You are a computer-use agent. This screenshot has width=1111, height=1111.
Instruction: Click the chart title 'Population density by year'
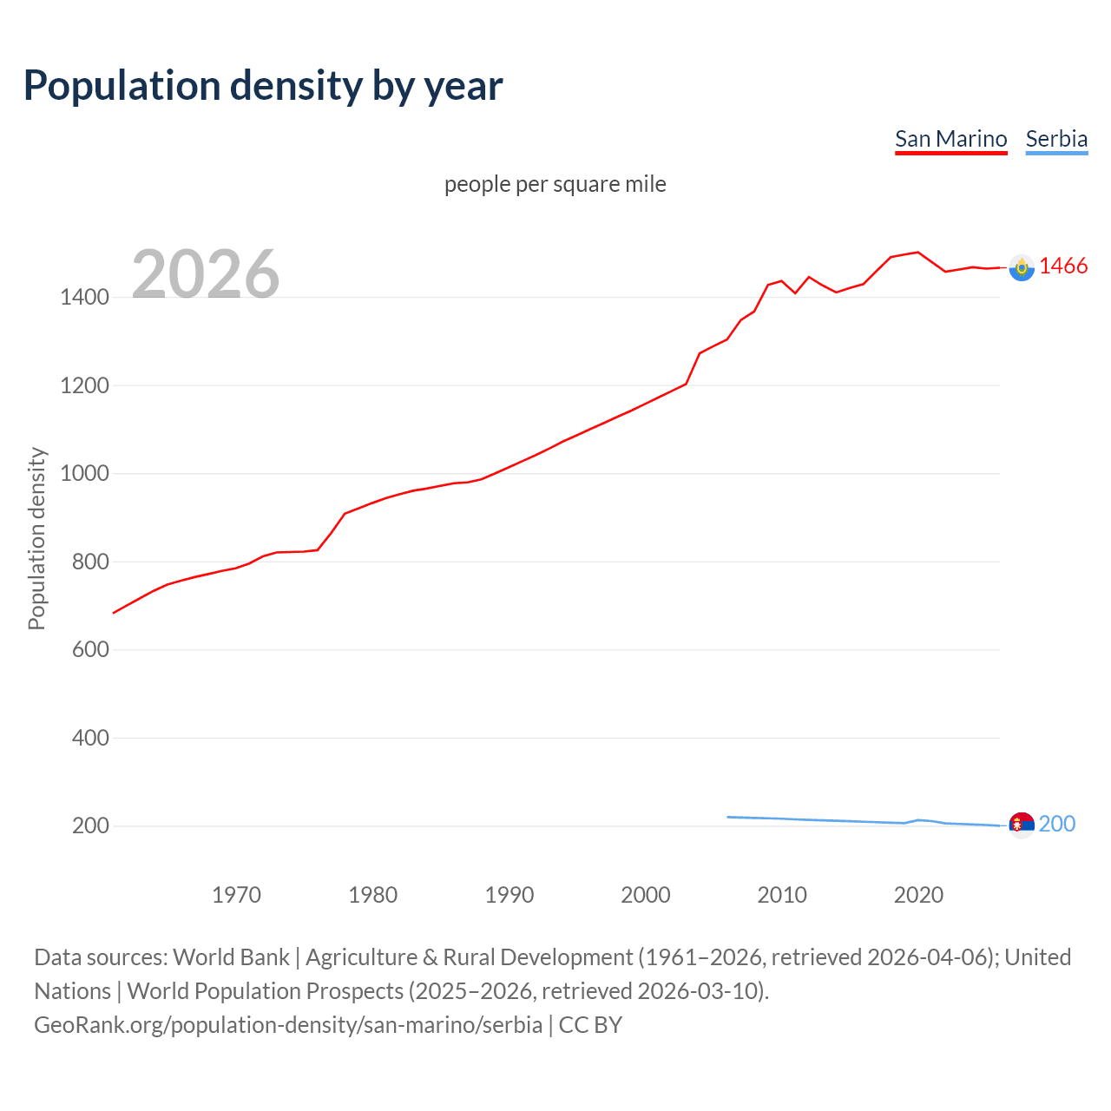pos(263,86)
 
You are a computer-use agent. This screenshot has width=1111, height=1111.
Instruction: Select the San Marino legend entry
pos(950,139)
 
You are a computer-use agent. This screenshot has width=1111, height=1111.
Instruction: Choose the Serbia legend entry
pos(1056,139)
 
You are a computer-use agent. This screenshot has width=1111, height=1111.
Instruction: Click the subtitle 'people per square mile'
pos(555,184)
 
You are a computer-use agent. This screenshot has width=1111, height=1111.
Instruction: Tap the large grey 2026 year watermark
pos(206,274)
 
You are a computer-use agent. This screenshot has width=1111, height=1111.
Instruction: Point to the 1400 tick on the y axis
pos(84,298)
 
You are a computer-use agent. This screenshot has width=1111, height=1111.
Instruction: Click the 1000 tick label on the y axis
pos(84,474)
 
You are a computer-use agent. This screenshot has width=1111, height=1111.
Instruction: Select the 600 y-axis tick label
pos(90,650)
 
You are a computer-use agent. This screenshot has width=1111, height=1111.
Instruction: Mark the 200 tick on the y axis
pos(90,826)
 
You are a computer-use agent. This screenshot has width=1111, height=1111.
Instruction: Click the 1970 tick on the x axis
pos(236,895)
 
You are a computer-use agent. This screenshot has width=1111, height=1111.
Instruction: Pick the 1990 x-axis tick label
pos(509,895)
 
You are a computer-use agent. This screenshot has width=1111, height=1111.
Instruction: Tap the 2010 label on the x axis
pos(782,895)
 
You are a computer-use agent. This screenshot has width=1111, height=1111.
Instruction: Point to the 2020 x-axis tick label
pos(918,895)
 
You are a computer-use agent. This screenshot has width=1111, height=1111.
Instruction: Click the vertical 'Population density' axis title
pos(36,538)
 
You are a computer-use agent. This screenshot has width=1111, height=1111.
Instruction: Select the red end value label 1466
pos(1063,266)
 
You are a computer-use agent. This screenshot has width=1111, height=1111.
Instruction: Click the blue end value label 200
pos(1057,824)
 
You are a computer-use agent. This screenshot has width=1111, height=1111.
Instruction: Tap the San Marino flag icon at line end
pos(1022,268)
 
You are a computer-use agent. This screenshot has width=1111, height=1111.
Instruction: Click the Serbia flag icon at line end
pos(1022,825)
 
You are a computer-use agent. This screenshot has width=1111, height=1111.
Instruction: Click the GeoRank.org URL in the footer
pos(288,1025)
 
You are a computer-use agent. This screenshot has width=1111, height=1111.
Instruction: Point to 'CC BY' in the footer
pos(590,1025)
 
